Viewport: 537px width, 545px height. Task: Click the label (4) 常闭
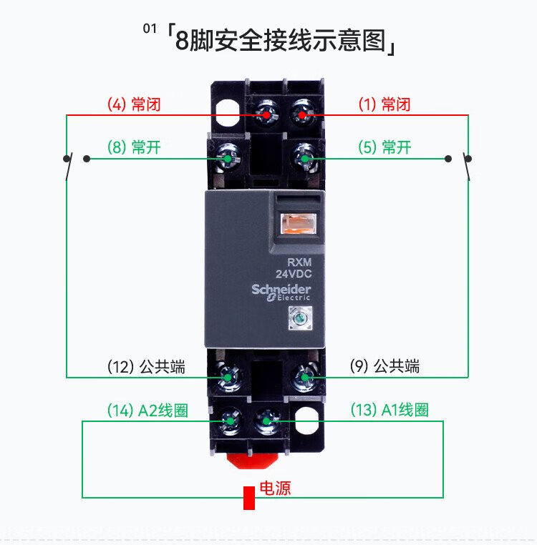[x=134, y=104]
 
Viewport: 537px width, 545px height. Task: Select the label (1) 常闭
[x=384, y=104]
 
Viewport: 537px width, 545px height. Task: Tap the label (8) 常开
[x=134, y=148]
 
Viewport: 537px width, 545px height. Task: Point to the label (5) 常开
[x=384, y=148]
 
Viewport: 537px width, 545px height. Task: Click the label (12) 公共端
[x=146, y=367]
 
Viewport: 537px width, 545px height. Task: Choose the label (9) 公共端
[x=384, y=367]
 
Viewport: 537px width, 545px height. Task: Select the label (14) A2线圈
[x=147, y=411]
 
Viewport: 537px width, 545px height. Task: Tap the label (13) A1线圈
[x=390, y=411]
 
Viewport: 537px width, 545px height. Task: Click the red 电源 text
[x=274, y=488]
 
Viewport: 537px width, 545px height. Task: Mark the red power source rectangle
[x=249, y=498]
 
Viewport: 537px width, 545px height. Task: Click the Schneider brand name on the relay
[x=281, y=289]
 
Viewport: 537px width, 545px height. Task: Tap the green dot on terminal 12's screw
[x=228, y=376]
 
